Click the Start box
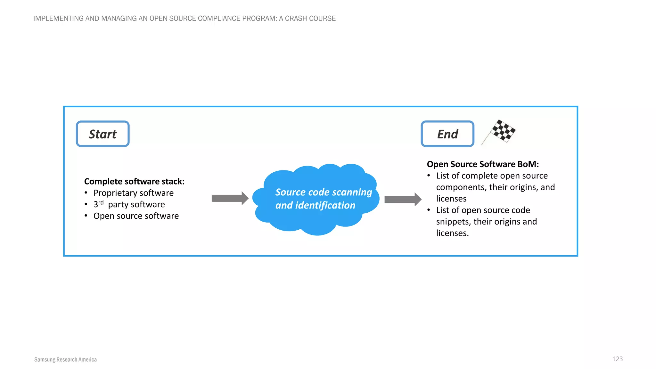point(102,134)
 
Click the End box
point(447,134)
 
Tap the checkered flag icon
point(501,131)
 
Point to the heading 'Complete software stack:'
point(134,181)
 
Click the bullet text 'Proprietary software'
point(133,193)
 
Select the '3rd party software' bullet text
point(129,204)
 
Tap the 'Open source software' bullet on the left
point(136,216)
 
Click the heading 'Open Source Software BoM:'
point(483,164)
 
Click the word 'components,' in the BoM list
point(460,187)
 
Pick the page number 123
point(617,359)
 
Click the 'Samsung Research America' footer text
point(65,359)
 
